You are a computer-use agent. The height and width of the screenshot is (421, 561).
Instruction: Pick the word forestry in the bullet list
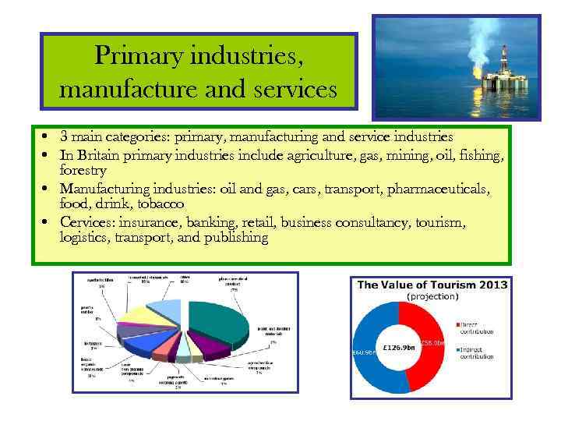(x=83, y=170)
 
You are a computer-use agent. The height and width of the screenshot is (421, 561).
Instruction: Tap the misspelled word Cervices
(x=86, y=223)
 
